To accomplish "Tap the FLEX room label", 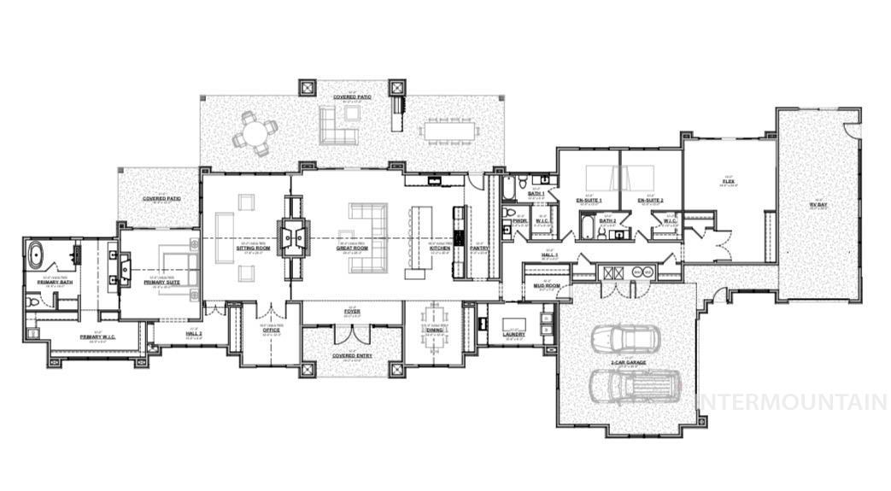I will [728, 181].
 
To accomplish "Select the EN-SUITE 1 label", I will [589, 201].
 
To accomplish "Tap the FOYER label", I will [352, 312].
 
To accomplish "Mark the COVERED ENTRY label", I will [352, 356].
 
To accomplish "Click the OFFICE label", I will [271, 330].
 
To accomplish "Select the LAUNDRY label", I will [514, 334].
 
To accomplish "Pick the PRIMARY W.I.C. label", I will [97, 336].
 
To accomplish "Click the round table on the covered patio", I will [257, 132].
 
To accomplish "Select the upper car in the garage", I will [625, 338].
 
